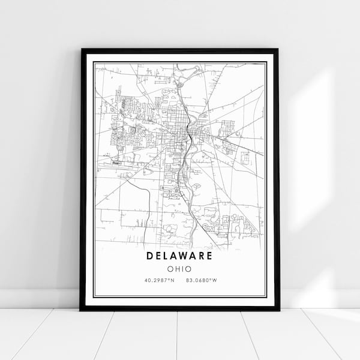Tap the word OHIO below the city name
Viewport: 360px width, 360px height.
180,269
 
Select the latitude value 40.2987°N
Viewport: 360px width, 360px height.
159,280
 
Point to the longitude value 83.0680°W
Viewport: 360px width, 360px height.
201,280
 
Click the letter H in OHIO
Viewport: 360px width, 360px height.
178,269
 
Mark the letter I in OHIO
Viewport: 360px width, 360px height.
183,269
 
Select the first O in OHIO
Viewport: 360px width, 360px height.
171,269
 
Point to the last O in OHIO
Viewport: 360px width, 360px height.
189,269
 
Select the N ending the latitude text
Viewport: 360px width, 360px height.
172,280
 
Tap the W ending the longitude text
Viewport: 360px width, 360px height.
214,280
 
